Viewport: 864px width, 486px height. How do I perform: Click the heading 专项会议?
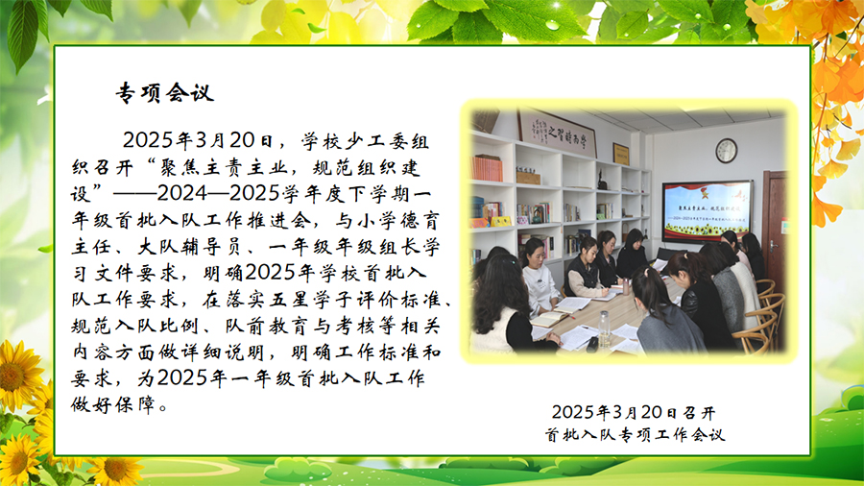[x=164, y=92]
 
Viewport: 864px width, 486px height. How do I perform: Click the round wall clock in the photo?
[x=727, y=151]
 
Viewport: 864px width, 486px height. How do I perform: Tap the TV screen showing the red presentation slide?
[x=708, y=211]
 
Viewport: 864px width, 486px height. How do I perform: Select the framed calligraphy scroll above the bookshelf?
[x=557, y=133]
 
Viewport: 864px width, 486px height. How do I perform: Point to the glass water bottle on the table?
[x=605, y=328]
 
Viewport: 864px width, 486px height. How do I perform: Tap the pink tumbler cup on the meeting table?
[x=626, y=286]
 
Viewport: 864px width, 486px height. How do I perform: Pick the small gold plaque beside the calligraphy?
[x=621, y=154]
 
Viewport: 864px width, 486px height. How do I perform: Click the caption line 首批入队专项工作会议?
[x=635, y=435]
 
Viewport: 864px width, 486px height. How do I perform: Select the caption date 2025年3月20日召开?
[x=634, y=412]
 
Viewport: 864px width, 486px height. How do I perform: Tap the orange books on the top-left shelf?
[x=487, y=168]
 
